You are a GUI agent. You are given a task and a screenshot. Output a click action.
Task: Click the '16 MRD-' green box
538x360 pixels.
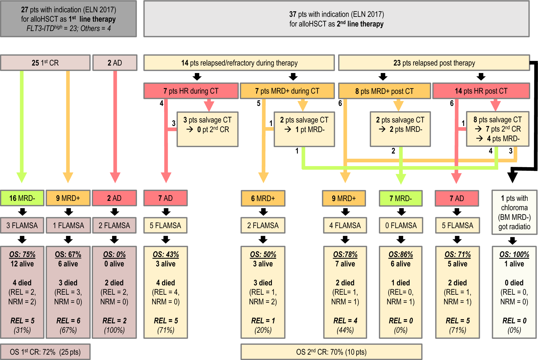tap(22, 198)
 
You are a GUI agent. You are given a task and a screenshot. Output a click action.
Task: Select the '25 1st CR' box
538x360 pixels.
tap(45, 63)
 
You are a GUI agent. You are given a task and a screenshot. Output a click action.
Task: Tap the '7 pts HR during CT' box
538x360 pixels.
tap(191, 91)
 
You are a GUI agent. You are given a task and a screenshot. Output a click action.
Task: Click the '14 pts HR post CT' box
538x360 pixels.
tap(481, 91)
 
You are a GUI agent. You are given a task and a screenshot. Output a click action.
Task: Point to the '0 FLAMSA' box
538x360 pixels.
tap(401, 225)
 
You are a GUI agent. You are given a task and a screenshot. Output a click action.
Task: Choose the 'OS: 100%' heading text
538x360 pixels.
tap(514, 254)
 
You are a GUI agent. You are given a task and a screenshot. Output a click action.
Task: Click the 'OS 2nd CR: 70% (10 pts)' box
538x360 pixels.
tap(331, 352)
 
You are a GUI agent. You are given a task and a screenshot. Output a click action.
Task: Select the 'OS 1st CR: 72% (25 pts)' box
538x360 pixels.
tap(45, 352)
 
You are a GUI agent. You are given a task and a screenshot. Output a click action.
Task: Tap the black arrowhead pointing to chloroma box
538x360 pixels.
tap(512, 177)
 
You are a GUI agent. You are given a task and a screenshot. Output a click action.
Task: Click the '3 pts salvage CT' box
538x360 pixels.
tap(207, 129)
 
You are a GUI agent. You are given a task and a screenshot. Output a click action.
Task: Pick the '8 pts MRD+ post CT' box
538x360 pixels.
tap(384, 91)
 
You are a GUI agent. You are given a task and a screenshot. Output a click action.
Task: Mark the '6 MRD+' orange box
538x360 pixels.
tap(263, 198)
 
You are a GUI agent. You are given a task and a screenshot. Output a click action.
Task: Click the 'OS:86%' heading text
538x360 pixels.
tap(400, 254)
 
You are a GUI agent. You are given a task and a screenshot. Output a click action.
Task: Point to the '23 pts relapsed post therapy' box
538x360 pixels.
tap(434, 63)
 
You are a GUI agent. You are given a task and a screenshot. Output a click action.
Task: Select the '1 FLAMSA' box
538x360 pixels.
tap(68, 225)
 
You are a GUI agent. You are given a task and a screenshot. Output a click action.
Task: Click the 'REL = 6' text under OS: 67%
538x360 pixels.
tap(68, 321)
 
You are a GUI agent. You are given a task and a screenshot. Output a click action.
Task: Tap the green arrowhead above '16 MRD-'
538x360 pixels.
tap(22, 177)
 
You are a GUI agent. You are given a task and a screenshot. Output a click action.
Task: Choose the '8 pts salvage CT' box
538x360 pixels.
tap(497, 129)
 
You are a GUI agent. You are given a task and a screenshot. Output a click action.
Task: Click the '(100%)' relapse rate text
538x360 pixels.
tap(114, 330)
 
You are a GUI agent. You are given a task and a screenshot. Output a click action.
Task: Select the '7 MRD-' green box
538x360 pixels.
tap(400, 198)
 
